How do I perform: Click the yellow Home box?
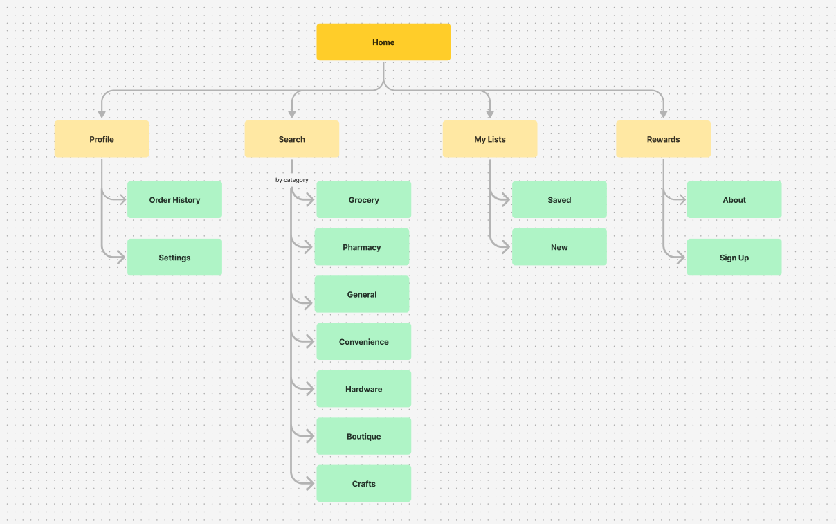pyautogui.click(x=383, y=42)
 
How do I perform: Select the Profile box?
pyautogui.click(x=102, y=139)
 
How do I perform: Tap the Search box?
pyautogui.click(x=292, y=139)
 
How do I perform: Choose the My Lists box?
pyautogui.click(x=490, y=139)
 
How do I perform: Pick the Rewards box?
pyautogui.click(x=663, y=139)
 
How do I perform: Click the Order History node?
pyautogui.click(x=174, y=199)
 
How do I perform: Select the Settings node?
pyautogui.click(x=174, y=257)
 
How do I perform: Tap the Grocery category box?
pyautogui.click(x=364, y=199)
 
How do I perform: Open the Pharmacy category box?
pyautogui.click(x=362, y=247)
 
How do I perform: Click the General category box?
pyautogui.click(x=362, y=294)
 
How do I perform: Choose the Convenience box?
pyautogui.click(x=364, y=341)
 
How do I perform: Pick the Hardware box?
pyautogui.click(x=364, y=389)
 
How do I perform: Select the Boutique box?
pyautogui.click(x=364, y=436)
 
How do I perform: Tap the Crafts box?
pyautogui.click(x=364, y=483)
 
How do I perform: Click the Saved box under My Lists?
pyautogui.click(x=559, y=199)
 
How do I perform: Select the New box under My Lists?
pyautogui.click(x=559, y=247)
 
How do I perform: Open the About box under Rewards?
pyautogui.click(x=734, y=199)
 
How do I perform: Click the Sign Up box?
pyautogui.click(x=734, y=257)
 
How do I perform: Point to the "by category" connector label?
pyautogui.click(x=292, y=180)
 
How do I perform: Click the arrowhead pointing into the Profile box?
pyautogui.click(x=102, y=114)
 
